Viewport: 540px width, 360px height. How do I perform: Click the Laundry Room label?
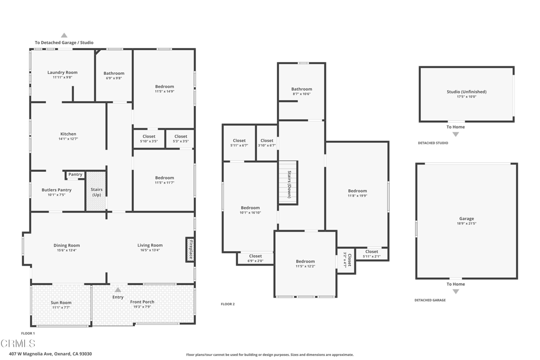tap(62, 73)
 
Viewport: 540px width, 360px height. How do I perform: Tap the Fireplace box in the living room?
tap(190, 249)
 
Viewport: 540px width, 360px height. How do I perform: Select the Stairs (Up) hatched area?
tap(97, 191)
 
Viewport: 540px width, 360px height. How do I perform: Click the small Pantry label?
tap(75, 174)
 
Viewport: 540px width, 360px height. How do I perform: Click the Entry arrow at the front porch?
tap(118, 290)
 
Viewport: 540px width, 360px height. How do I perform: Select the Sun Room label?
tap(61, 303)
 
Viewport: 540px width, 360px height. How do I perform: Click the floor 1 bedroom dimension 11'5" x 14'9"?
tap(164, 91)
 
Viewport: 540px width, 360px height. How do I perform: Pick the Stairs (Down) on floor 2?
tap(289, 183)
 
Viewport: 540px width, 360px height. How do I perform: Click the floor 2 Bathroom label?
tap(302, 89)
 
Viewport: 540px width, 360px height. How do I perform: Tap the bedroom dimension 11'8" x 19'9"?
tap(357, 196)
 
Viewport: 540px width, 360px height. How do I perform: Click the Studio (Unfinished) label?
tap(466, 92)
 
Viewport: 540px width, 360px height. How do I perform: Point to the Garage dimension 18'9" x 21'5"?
tap(466, 223)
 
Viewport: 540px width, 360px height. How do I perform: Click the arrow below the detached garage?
tap(456, 291)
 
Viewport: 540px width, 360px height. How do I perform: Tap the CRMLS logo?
tap(18, 344)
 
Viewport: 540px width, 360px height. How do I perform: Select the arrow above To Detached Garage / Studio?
tap(64, 35)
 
